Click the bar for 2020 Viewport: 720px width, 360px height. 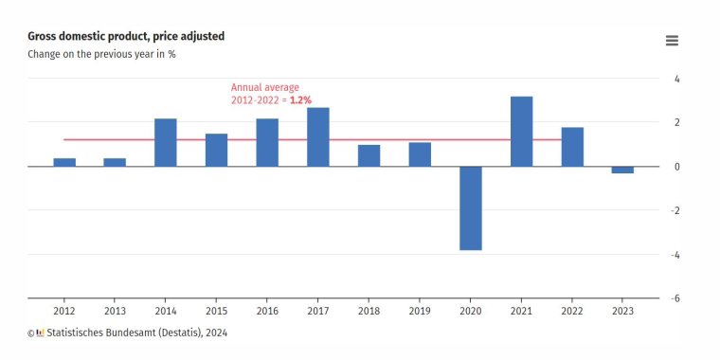(x=471, y=208)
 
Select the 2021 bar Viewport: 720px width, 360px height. (x=522, y=132)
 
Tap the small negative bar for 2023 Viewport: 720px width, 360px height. (x=623, y=170)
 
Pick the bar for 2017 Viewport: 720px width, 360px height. (x=318, y=136)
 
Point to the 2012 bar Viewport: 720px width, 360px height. (x=64, y=163)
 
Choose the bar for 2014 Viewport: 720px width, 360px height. (x=165, y=142)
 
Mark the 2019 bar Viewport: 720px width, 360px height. (x=420, y=154)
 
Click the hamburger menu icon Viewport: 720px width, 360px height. (x=672, y=41)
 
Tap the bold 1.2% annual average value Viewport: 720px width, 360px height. (x=300, y=99)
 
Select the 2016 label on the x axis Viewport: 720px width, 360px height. (x=267, y=312)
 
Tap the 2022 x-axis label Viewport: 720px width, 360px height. (x=572, y=312)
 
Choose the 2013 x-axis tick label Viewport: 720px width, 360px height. (x=115, y=312)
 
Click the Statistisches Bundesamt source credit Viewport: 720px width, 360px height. (x=136, y=333)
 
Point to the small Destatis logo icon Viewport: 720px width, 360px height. (x=40, y=333)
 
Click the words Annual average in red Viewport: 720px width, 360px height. (x=265, y=87)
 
